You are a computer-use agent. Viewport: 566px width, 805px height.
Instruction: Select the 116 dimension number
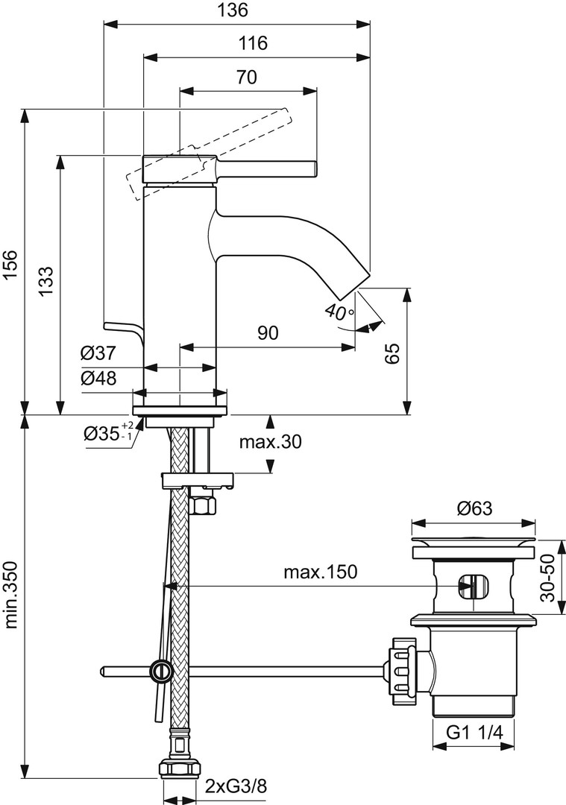click(x=254, y=43)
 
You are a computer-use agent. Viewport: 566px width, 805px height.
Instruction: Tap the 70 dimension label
click(x=247, y=77)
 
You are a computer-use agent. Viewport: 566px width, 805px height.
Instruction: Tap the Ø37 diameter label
click(x=98, y=353)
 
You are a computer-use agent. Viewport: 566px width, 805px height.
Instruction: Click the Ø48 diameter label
click(x=98, y=378)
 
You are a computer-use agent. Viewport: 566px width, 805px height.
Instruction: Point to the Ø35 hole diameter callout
click(x=104, y=433)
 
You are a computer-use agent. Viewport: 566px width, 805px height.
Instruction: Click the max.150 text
click(x=320, y=572)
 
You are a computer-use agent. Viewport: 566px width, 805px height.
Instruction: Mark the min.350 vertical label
click(x=10, y=592)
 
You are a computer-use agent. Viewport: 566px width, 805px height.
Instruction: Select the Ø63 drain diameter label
click(x=474, y=509)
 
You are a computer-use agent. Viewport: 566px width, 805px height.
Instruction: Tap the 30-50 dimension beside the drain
click(x=549, y=578)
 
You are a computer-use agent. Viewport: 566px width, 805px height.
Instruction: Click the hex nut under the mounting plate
click(x=203, y=505)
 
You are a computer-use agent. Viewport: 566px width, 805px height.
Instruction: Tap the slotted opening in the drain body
click(x=470, y=586)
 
